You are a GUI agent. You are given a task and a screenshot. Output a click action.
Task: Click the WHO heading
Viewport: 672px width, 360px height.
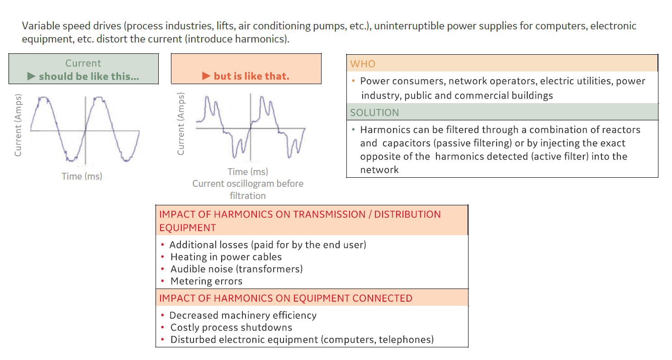click(363, 64)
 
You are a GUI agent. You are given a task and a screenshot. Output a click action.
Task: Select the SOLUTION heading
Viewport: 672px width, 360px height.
click(374, 113)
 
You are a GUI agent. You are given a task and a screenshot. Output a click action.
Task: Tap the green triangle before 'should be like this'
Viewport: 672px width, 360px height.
click(31, 76)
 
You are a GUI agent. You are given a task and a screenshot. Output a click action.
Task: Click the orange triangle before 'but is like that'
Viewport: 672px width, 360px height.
click(206, 76)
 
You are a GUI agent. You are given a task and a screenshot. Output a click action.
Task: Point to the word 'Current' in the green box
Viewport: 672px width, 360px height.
click(83, 63)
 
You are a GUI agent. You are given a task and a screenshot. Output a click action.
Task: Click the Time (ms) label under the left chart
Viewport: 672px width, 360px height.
click(82, 176)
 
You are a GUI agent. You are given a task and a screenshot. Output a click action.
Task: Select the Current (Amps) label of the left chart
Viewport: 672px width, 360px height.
click(18, 125)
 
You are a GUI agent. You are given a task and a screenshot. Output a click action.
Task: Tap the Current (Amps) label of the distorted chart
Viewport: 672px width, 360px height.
click(180, 123)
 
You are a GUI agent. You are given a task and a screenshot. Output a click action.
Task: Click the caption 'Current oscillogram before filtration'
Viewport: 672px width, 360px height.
click(248, 189)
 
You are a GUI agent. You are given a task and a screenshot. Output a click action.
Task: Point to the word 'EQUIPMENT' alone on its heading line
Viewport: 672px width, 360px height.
click(188, 227)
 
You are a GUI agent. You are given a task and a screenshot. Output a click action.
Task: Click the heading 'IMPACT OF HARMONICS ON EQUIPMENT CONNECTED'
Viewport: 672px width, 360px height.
click(286, 298)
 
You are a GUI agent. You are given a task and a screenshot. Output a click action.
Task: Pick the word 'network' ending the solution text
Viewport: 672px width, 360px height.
click(379, 170)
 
